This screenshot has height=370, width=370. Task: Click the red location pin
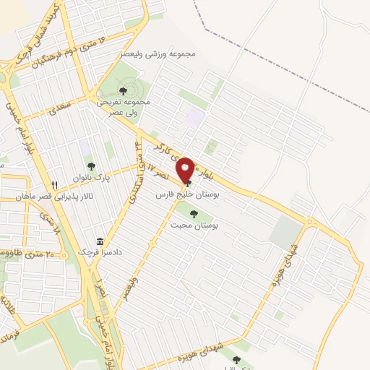coord(185,171)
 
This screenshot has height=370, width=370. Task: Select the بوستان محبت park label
coord(194,225)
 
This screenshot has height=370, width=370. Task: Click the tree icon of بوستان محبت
coord(193,213)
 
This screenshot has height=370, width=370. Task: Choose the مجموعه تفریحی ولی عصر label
coord(124,108)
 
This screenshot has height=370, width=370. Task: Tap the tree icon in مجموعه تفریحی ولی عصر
coord(123,90)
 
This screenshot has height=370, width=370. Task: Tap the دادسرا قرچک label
coord(98,254)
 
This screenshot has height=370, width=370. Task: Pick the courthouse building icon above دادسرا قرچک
coord(99,242)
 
